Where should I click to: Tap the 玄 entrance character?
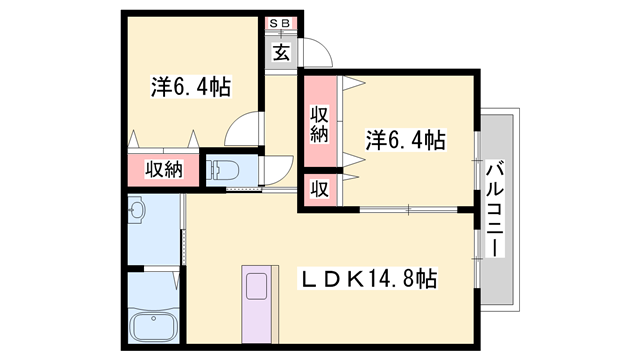pos(282,51)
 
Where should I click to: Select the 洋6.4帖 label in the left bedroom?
pos(191,87)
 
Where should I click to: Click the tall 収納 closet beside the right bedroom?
pos(319,123)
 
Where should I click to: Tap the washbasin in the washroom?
pos(138,211)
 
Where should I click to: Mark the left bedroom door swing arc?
pos(242,130)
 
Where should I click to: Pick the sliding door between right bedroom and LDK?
pos(410,209)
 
